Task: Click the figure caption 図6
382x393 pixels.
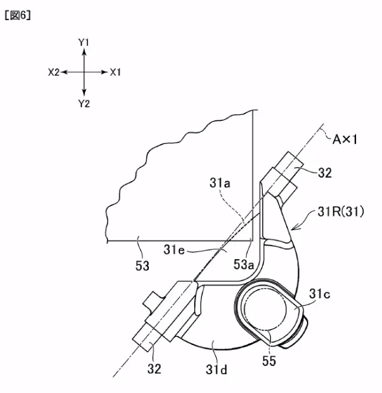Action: [x=17, y=16]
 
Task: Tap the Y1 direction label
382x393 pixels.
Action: [x=84, y=43]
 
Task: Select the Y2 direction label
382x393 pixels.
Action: [x=84, y=103]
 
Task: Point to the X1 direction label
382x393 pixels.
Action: [x=115, y=72]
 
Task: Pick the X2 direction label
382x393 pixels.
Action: [x=54, y=72]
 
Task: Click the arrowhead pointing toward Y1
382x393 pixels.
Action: [x=84, y=52]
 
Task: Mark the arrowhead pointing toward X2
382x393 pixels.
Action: [x=64, y=72]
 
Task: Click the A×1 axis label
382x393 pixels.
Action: [x=345, y=140]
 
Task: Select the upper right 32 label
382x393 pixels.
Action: [x=325, y=173]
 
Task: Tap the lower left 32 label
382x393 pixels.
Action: [x=154, y=368]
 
